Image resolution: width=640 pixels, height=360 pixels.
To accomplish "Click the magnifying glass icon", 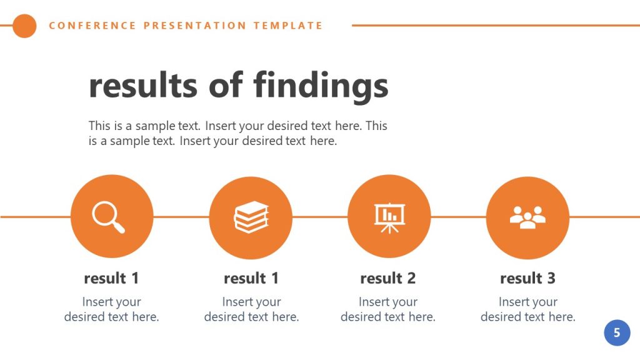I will (x=109, y=217).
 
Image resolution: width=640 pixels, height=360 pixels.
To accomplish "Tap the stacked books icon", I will (x=251, y=217).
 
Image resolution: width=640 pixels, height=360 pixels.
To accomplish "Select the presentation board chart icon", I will (x=389, y=217).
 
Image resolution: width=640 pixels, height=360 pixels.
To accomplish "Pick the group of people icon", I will (x=527, y=217).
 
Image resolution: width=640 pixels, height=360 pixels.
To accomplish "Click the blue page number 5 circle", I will (x=617, y=332).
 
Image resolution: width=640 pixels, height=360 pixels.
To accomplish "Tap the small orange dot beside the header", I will (x=25, y=26).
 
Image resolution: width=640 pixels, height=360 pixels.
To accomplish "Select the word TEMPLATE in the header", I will (x=288, y=26).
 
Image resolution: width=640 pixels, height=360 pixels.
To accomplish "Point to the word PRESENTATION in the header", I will (x=195, y=26).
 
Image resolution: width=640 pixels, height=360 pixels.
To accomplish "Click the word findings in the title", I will (x=321, y=86).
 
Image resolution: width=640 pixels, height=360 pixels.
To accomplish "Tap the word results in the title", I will (x=144, y=86).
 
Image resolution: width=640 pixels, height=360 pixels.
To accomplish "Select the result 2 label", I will (x=387, y=278).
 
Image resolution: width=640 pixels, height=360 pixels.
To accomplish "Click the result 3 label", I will (x=527, y=278).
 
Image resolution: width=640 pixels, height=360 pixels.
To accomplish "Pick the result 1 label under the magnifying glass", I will (x=111, y=278).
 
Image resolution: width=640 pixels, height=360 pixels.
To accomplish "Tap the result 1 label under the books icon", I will (x=251, y=278).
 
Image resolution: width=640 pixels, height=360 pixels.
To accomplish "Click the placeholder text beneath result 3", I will (x=527, y=309).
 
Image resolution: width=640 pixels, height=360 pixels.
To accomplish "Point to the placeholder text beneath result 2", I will (x=387, y=309).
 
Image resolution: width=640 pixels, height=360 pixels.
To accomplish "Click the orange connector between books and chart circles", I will (x=319, y=217).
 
